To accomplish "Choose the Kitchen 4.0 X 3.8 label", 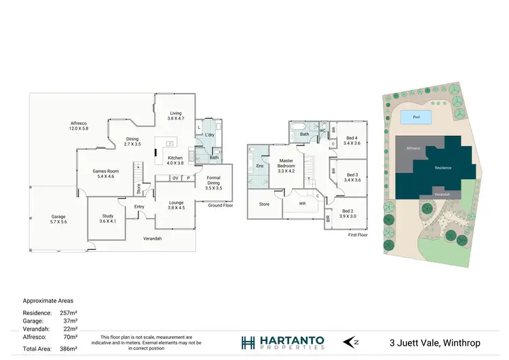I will [x=175, y=160].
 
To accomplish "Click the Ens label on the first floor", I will [x=260, y=166].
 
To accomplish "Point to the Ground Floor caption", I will [x=221, y=204].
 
